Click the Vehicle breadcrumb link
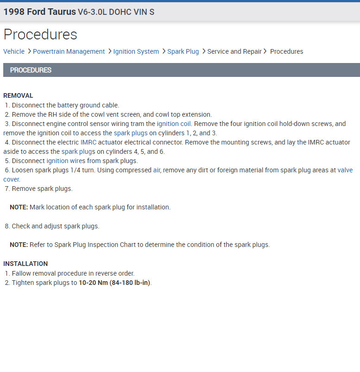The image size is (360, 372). coord(14,51)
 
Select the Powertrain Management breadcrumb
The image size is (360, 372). coord(69,51)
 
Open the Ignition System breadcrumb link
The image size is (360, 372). coord(136,51)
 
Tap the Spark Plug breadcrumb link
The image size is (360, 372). coord(183,51)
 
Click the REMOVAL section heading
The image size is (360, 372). coord(18,95)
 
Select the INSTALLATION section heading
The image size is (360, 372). coord(25,264)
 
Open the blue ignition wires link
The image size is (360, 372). coord(66,161)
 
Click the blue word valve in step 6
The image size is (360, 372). coord(345,170)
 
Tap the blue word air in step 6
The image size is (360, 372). coord(156,170)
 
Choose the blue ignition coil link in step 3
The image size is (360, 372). coord(174,124)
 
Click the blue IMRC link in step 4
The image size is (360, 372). coord(88,142)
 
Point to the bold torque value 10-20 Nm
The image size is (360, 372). coord(93,283)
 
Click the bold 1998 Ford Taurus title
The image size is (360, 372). coord(39,12)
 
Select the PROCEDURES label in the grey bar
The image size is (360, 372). coord(31,70)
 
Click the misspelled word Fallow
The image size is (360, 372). coord(22,273)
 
